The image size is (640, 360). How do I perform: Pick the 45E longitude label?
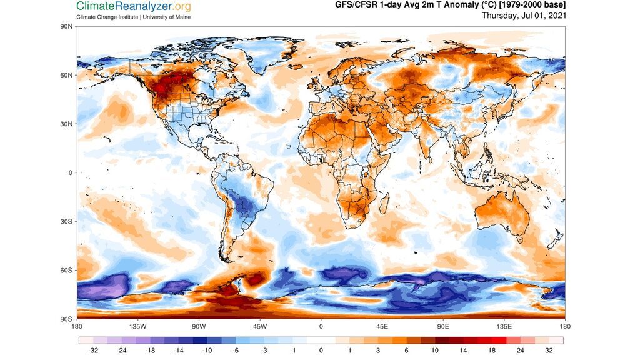pos(382,326)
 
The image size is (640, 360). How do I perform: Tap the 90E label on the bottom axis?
pos(443,326)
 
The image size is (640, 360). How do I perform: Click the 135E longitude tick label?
pos(504,326)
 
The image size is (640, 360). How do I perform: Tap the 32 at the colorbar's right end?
pos(549,351)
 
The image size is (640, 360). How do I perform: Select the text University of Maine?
pos(166,17)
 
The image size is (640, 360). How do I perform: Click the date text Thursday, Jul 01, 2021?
pos(524,16)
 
